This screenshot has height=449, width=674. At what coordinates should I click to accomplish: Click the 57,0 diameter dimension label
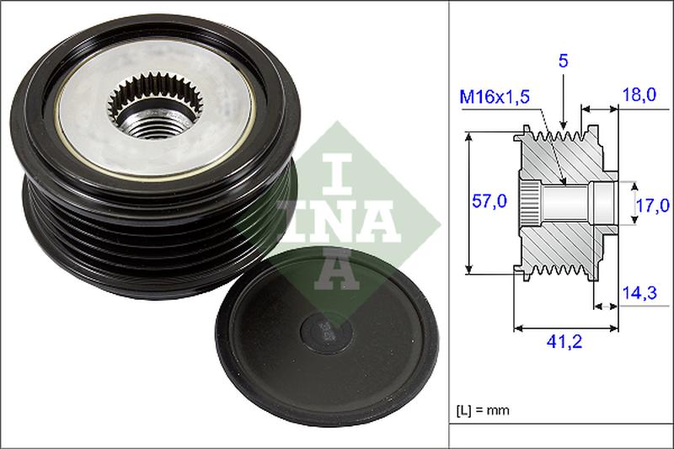coord(489,201)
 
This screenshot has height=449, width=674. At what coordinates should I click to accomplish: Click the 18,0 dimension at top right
coord(639,96)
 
